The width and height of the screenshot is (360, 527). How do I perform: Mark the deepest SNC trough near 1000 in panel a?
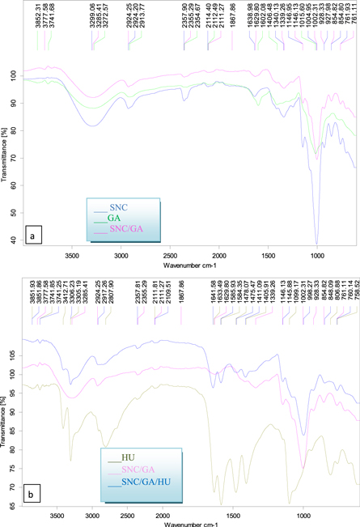click(x=317, y=242)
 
